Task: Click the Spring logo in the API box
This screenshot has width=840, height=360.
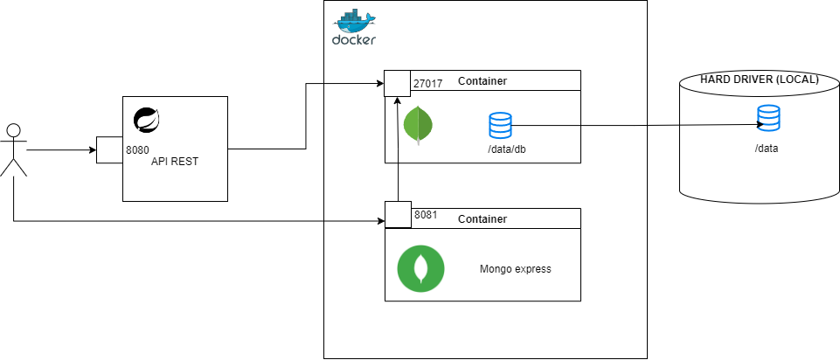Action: point(145,120)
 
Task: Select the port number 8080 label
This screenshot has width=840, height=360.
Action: point(137,150)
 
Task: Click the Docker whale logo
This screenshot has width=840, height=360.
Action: point(354,29)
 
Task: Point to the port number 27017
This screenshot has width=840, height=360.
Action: point(427,84)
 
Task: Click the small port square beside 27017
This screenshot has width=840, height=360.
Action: point(398,84)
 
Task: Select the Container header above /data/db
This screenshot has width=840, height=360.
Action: point(482,81)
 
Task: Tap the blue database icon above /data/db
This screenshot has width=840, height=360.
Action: point(500,125)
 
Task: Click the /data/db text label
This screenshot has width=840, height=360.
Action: point(506,149)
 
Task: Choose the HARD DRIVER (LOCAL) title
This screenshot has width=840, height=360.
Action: point(760,80)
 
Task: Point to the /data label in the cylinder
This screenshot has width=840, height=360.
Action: point(767,149)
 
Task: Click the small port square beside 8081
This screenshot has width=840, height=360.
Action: point(398,214)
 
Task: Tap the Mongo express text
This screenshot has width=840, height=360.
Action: point(516,269)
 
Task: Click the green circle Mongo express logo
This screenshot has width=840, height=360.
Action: point(420,268)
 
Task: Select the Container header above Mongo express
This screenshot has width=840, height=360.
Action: point(482,218)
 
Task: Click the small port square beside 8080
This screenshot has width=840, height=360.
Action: point(109,150)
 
